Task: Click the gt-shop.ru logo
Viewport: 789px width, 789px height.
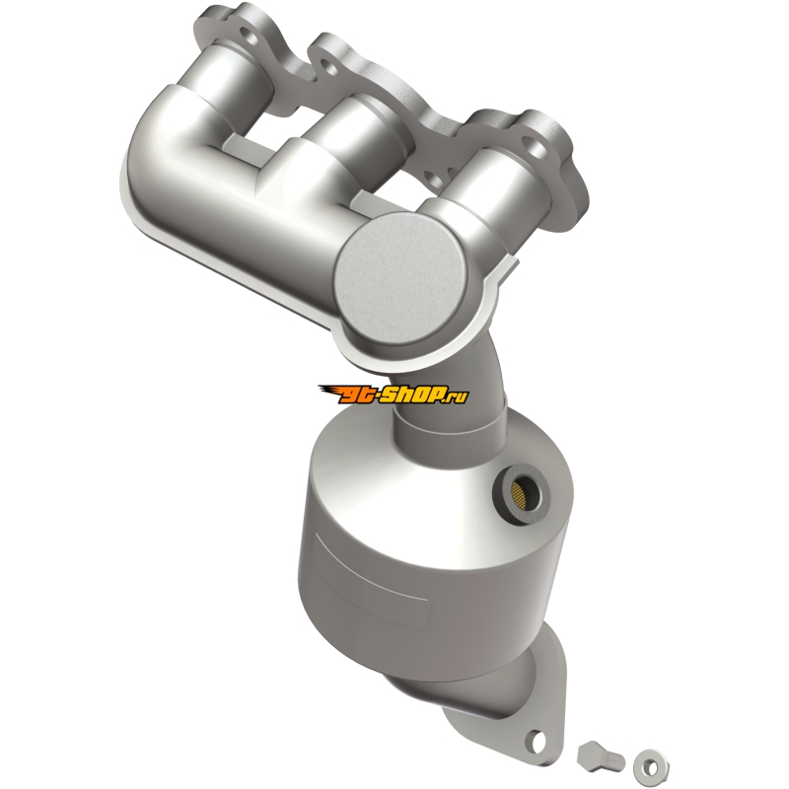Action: coord(393,394)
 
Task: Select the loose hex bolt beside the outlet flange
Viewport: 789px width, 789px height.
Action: coord(601,758)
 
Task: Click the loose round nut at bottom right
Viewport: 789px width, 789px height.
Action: coord(651,767)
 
